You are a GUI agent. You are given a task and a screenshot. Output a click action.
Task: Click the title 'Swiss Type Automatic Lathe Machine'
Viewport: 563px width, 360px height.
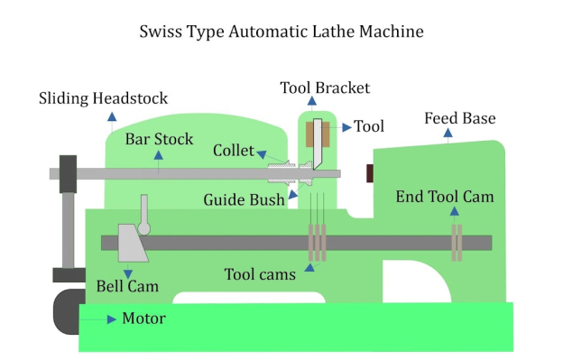point(281,32)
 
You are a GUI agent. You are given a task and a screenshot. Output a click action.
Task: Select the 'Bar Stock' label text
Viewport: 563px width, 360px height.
point(159,139)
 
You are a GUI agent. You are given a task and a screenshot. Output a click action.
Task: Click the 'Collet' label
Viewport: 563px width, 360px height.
point(233,150)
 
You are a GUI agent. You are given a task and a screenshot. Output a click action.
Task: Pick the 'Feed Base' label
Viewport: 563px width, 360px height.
point(460,119)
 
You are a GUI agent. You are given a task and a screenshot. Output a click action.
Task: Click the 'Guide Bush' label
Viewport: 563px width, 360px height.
point(243,198)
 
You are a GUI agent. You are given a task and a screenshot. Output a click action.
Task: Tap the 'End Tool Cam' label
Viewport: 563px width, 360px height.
point(445,196)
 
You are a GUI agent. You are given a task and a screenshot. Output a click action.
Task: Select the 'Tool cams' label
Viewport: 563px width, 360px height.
point(259,273)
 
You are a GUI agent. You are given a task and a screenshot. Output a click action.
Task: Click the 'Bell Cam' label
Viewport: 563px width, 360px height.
point(127,287)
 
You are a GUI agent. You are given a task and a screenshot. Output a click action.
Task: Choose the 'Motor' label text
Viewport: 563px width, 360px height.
point(144,318)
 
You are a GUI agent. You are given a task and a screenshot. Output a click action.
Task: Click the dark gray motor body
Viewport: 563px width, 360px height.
point(66,311)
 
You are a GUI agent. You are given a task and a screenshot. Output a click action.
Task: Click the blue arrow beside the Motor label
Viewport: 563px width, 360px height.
point(110,318)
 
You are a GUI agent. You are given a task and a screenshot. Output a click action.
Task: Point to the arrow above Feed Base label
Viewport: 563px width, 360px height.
point(450,136)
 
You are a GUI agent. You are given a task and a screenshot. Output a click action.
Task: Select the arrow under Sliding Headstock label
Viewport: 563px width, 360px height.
point(111,117)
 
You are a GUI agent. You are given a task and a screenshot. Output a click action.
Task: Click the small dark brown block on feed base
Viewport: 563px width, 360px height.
point(369,173)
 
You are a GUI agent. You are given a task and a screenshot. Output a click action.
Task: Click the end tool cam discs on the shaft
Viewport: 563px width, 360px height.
point(457,243)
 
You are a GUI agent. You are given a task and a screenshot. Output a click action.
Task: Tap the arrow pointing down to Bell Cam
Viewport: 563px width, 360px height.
point(127,271)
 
